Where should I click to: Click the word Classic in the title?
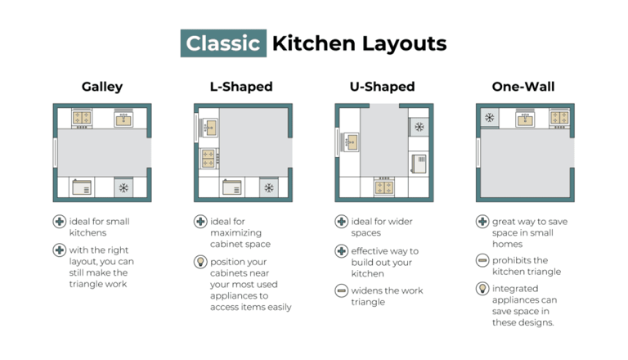tap(223, 43)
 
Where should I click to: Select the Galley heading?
tap(102, 87)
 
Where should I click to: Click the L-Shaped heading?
tap(241, 87)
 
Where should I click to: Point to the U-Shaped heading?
tap(382, 87)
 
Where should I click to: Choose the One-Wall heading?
tap(523, 87)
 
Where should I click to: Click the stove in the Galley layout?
tap(82, 119)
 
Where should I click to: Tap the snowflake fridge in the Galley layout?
tap(123, 187)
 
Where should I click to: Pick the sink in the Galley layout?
tap(123, 119)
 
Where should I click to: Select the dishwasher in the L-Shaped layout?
tap(232, 187)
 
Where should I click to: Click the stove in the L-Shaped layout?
tap(209, 159)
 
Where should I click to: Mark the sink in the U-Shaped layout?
tap(350, 142)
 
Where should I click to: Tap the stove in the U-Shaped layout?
tap(384, 187)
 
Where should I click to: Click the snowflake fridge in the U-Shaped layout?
tap(419, 127)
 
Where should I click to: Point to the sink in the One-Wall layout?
tap(525, 119)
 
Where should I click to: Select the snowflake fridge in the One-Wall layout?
tap(490, 118)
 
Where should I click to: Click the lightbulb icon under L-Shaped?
tap(200, 262)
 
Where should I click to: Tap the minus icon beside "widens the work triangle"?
tap(341, 290)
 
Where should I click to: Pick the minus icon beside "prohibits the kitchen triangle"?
tap(482, 260)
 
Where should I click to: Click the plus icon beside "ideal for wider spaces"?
tap(341, 221)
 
